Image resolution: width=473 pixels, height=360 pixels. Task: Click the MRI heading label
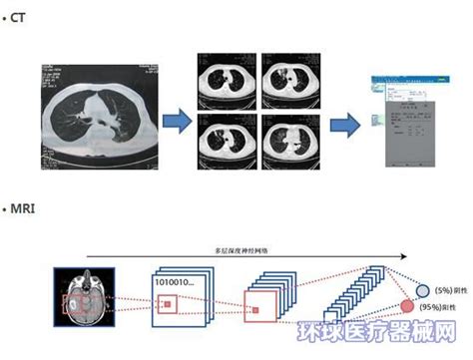pos(24,207)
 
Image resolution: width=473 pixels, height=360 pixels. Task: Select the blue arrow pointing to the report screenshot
pos(345,124)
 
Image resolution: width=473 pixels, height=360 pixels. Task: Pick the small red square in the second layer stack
pos(255,311)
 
